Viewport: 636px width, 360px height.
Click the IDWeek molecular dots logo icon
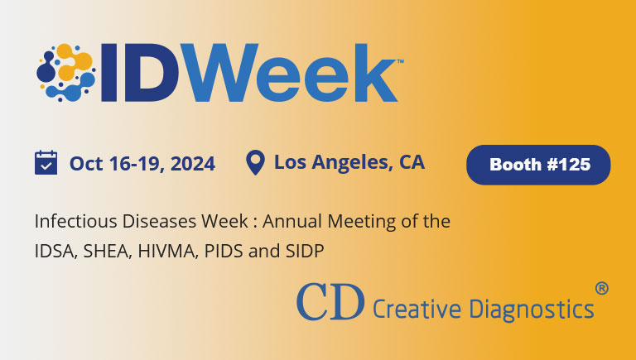click(x=65, y=70)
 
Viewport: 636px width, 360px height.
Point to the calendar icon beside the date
click(x=46, y=162)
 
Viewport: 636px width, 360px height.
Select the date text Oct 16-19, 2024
click(x=142, y=163)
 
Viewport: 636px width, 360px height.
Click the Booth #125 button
click(x=539, y=164)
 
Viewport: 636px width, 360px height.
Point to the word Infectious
click(x=70, y=222)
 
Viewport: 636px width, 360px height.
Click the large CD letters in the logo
click(x=330, y=302)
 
